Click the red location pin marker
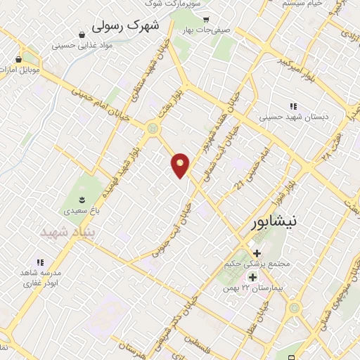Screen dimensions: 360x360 pos(181,165)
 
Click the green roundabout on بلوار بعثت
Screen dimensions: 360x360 pos(153,128)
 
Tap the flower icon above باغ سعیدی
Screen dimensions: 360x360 pos(82,198)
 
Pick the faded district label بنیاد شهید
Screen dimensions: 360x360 pos(67,231)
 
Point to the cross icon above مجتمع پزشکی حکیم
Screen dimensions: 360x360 pos(257,252)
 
